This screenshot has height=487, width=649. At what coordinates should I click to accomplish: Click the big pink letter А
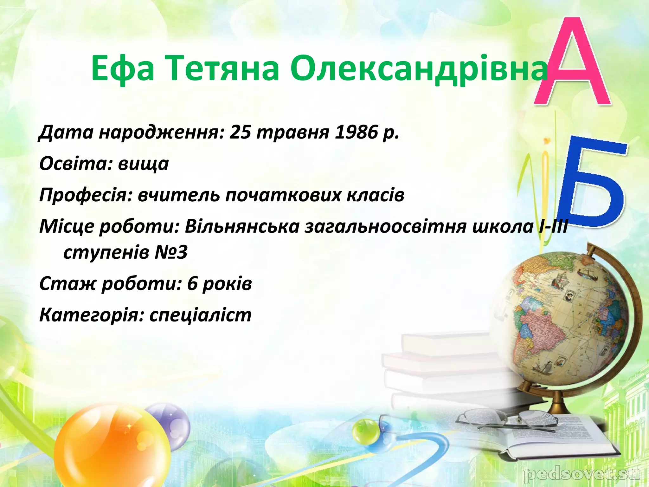tap(572, 63)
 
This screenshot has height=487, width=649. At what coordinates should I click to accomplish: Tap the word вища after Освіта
tap(143, 164)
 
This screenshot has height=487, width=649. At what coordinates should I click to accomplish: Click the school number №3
tap(171, 252)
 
